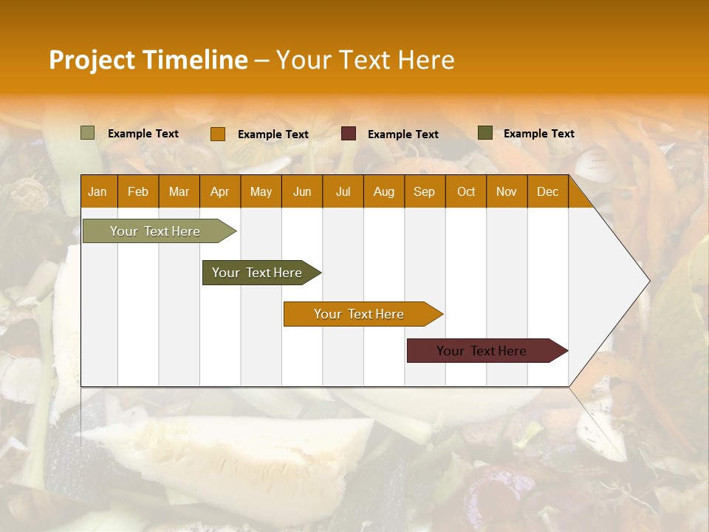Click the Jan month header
(97, 191)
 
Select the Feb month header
(138, 191)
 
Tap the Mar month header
(179, 191)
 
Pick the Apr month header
(219, 191)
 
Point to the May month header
(261, 191)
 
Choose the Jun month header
(302, 191)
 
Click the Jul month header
(343, 191)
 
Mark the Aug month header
(383, 191)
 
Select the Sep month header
(424, 191)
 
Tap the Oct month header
(466, 191)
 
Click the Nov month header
(507, 191)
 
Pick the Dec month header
(547, 191)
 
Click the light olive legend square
(87, 133)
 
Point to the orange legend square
(217, 134)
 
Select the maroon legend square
(349, 134)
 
